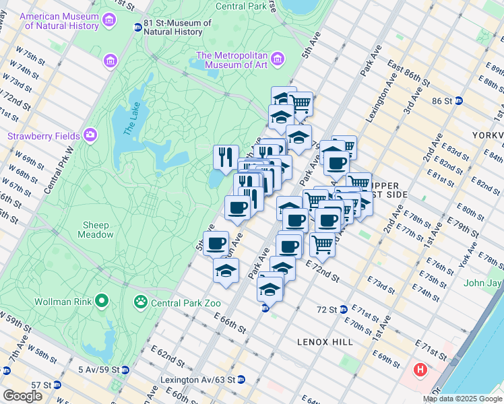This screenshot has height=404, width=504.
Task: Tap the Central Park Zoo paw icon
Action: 141,300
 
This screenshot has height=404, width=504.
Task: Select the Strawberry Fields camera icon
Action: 90,136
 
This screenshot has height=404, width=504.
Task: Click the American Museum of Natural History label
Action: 61,21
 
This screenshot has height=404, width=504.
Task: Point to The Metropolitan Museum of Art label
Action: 232,60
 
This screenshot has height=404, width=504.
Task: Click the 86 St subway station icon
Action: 459,101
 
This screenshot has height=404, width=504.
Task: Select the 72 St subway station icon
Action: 344,309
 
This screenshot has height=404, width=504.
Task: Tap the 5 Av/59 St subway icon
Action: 126,370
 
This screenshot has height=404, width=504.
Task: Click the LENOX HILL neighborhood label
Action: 325,342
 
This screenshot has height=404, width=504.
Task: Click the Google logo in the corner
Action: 22,396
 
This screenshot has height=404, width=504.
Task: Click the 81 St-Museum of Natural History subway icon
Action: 138,27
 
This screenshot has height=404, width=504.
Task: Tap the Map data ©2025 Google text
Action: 463,399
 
